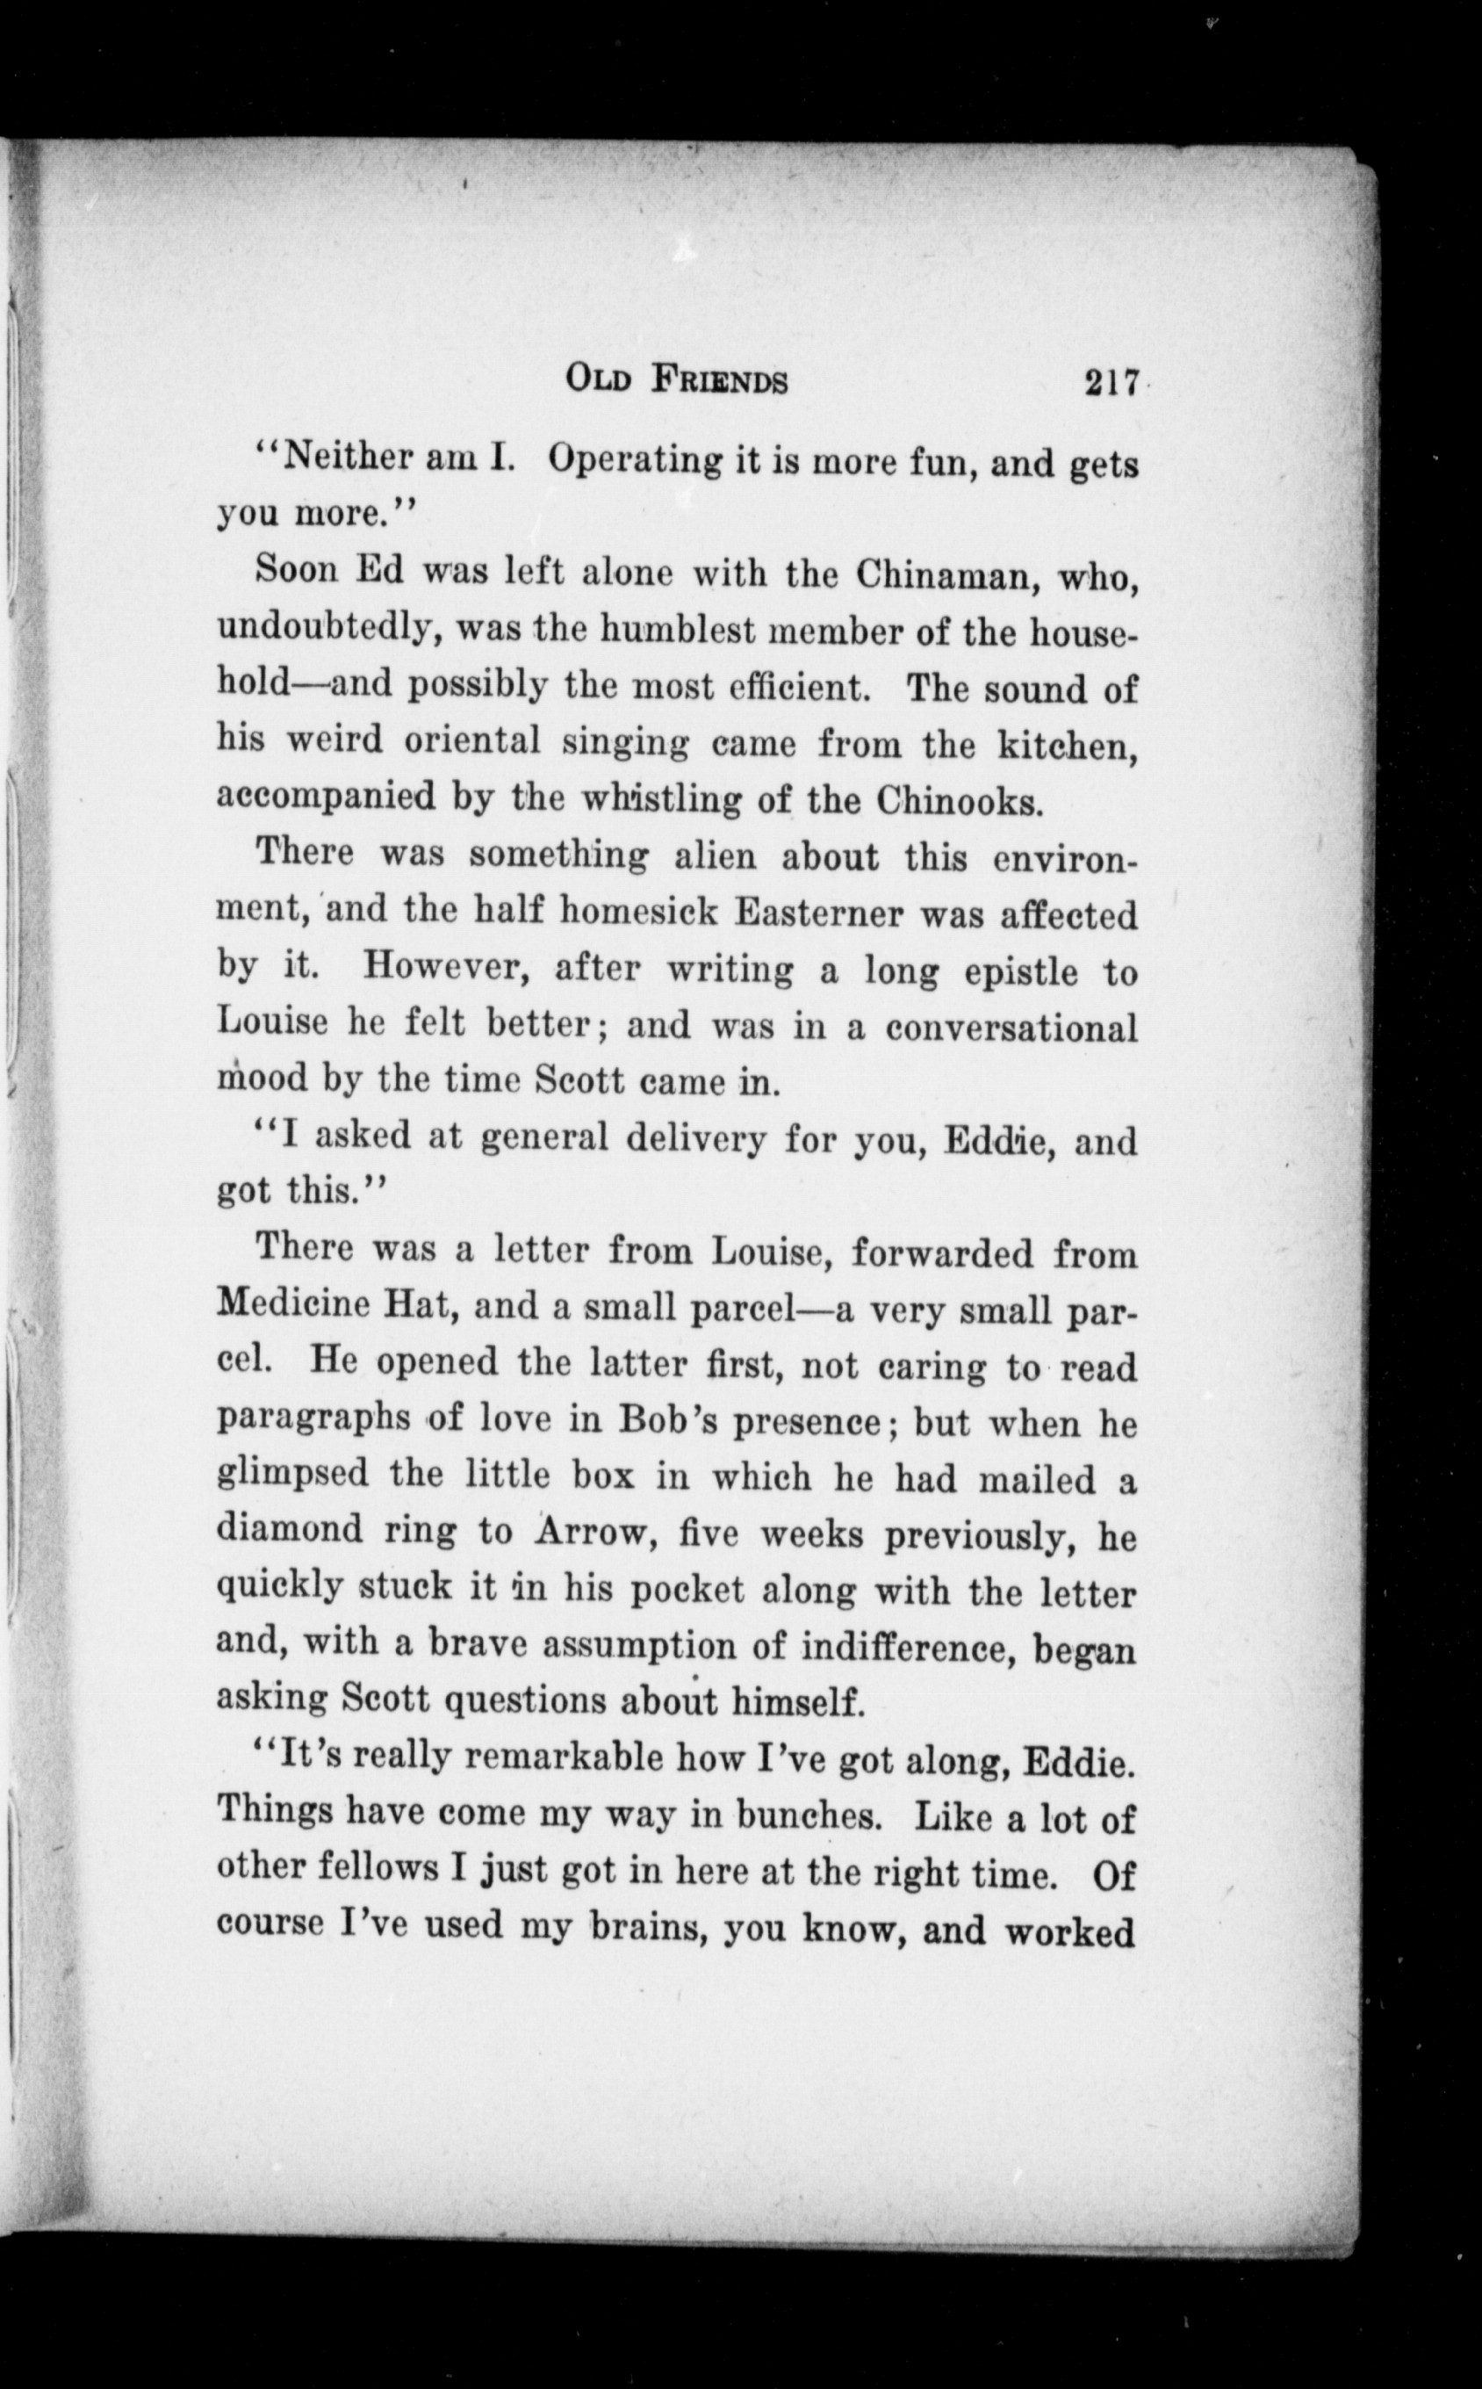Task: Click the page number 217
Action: point(1110,381)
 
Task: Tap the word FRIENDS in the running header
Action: point(719,379)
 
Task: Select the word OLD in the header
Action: point(600,379)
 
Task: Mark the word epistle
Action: point(1020,971)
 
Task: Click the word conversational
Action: point(1011,1028)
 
